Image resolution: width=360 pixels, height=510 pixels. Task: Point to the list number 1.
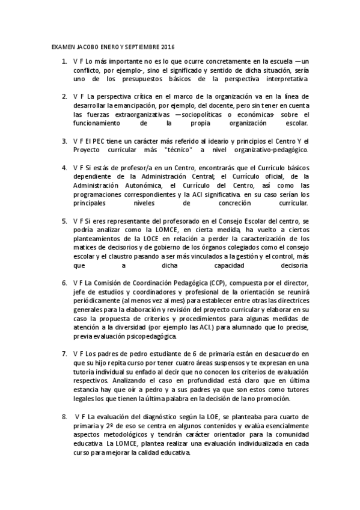pyautogui.click(x=64, y=61)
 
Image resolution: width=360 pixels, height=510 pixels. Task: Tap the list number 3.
pyautogui.click(x=64, y=140)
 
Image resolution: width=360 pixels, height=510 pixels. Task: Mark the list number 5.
pyautogui.click(x=64, y=221)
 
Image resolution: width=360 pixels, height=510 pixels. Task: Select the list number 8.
pyautogui.click(x=64, y=416)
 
